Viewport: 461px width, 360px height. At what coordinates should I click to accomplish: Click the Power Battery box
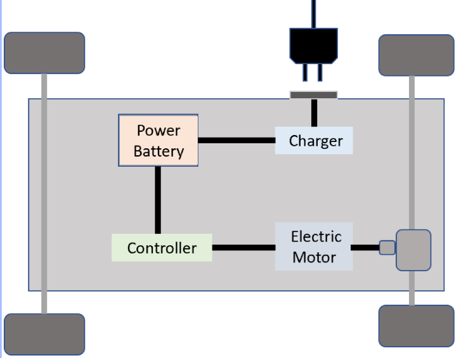point(158,140)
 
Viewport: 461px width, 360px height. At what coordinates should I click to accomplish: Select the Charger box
point(313,141)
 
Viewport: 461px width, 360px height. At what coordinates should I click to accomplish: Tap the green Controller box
point(162,248)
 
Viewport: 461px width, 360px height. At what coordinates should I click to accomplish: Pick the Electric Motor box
point(314,247)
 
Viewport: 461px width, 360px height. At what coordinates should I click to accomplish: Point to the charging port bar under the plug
point(313,95)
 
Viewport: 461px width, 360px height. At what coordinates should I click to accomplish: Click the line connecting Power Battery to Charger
point(236,140)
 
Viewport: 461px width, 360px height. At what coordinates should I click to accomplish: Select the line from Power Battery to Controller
point(157,200)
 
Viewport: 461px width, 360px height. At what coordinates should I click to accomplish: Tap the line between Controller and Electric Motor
point(243,248)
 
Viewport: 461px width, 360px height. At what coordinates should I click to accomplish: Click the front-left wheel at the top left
point(44,53)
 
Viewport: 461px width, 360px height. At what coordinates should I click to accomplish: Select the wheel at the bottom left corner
point(44,334)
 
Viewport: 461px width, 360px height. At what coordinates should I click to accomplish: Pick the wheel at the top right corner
point(416,55)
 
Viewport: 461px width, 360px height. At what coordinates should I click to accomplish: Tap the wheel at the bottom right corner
point(416,326)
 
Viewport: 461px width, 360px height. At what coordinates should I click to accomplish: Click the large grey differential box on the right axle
point(413,250)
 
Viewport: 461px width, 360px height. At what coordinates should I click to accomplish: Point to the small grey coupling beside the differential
point(387,248)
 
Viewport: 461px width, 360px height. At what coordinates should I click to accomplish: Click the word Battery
point(159,151)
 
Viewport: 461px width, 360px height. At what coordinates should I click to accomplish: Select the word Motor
point(314,258)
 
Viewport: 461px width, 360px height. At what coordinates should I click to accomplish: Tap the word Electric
point(316,236)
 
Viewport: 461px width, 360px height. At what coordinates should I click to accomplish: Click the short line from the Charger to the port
point(313,113)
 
